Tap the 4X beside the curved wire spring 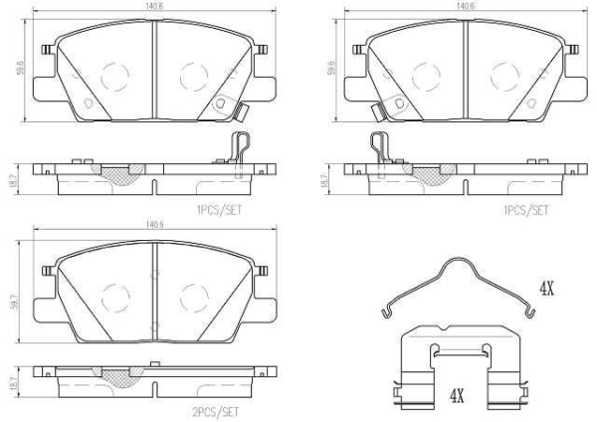545,290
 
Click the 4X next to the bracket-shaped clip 457,396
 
